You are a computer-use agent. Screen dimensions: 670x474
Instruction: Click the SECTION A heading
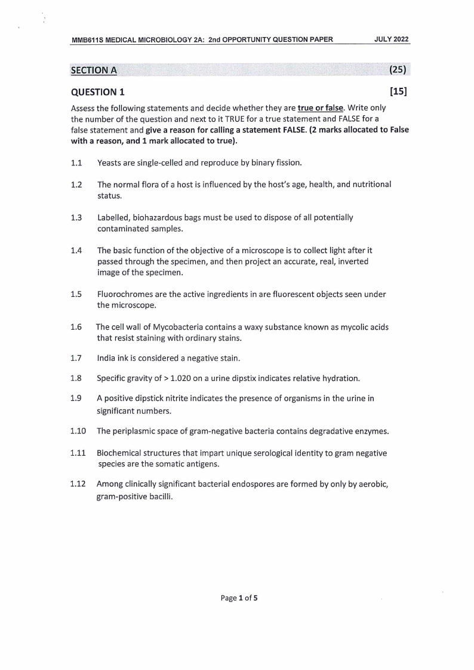click(x=94, y=70)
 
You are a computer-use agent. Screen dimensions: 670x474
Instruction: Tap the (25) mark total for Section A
click(x=398, y=70)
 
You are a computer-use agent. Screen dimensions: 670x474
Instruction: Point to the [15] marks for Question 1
click(x=398, y=92)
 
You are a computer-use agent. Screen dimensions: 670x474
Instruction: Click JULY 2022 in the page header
click(x=392, y=39)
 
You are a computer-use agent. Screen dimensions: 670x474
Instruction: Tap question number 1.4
click(x=76, y=251)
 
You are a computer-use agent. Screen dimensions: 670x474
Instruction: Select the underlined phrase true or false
click(x=322, y=107)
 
